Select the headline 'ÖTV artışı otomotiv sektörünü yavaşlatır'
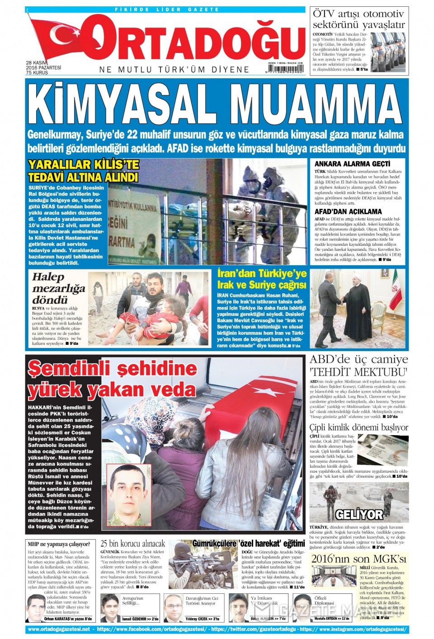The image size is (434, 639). click(x=359, y=19)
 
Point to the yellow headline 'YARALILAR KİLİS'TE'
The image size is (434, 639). click(x=83, y=164)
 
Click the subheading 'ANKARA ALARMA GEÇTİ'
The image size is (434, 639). click(x=352, y=164)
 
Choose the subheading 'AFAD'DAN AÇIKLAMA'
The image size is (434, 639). click(x=348, y=211)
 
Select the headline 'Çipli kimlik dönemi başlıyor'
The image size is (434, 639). click(x=359, y=428)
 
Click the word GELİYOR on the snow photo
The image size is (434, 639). click(x=359, y=515)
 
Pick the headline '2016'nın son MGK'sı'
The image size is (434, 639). click(x=359, y=559)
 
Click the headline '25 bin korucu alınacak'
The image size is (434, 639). click(x=132, y=544)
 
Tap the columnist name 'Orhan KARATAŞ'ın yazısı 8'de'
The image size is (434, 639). click(x=68, y=619)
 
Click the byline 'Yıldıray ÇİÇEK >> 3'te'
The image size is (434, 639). click(x=203, y=619)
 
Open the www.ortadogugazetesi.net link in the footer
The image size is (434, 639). click(x=59, y=629)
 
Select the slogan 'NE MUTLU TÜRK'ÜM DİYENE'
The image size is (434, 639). click(x=174, y=70)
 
